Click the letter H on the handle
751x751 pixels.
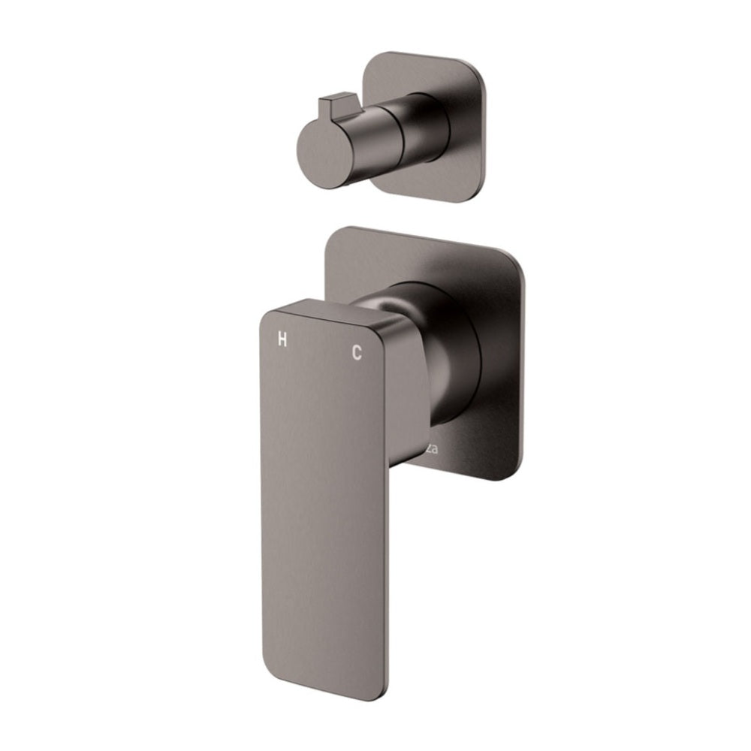(x=282, y=339)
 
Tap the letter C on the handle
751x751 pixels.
(x=357, y=352)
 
